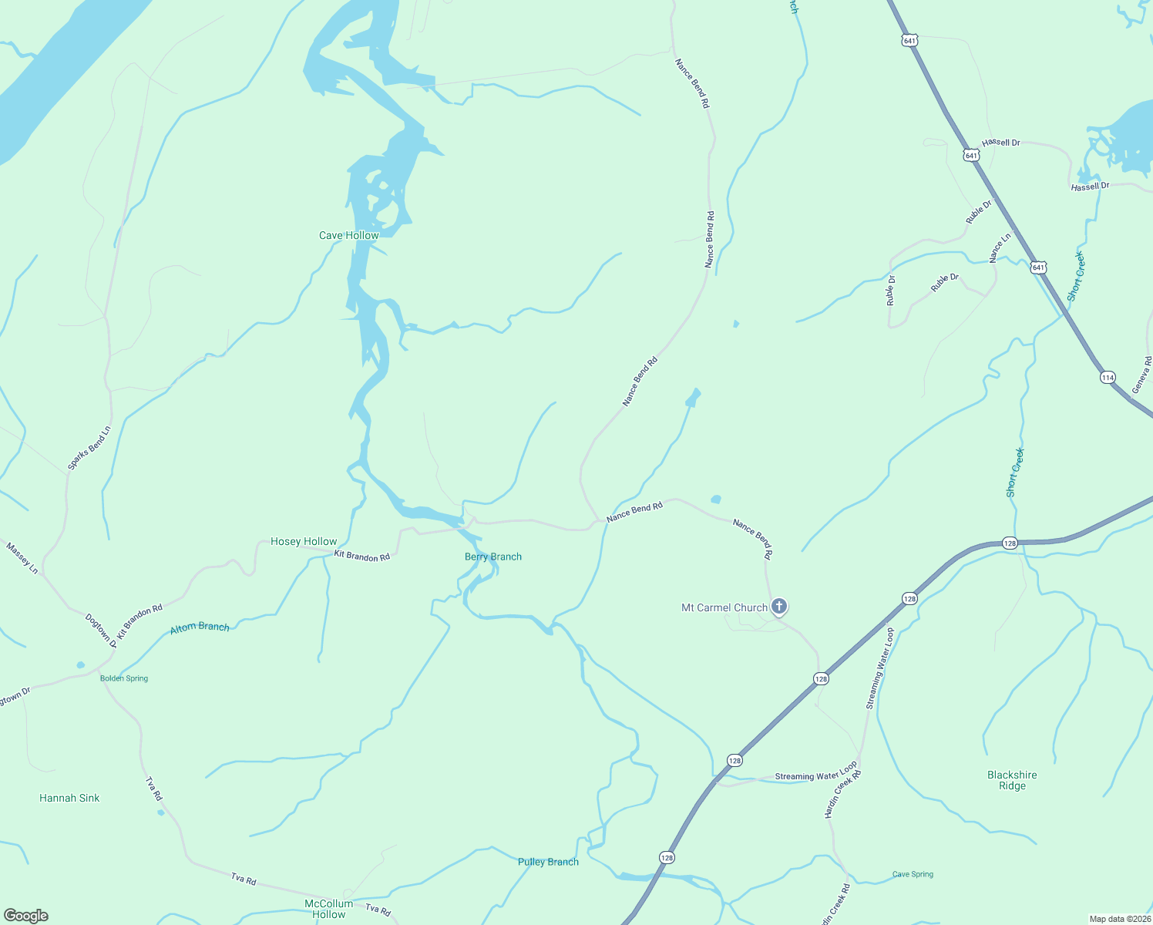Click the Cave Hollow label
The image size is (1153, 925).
click(349, 235)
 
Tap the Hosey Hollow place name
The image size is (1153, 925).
click(304, 541)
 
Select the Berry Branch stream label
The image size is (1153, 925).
click(493, 557)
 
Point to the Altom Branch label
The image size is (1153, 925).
click(200, 627)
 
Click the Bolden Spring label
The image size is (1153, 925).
click(124, 678)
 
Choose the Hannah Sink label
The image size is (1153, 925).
click(69, 798)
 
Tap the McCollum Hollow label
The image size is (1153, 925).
click(329, 909)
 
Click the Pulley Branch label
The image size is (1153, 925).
click(548, 862)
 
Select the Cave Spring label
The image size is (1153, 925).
click(913, 874)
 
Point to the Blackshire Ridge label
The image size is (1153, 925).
click(1012, 780)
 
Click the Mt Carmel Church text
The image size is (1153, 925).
click(724, 607)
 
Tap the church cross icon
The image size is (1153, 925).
click(779, 606)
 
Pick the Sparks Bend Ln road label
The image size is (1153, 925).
click(89, 448)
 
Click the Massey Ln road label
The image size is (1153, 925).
click(22, 558)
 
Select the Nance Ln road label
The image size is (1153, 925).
click(1000, 247)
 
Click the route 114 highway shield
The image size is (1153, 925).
click(1108, 378)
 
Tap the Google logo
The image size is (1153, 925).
click(26, 916)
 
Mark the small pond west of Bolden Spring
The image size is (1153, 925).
click(81, 664)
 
